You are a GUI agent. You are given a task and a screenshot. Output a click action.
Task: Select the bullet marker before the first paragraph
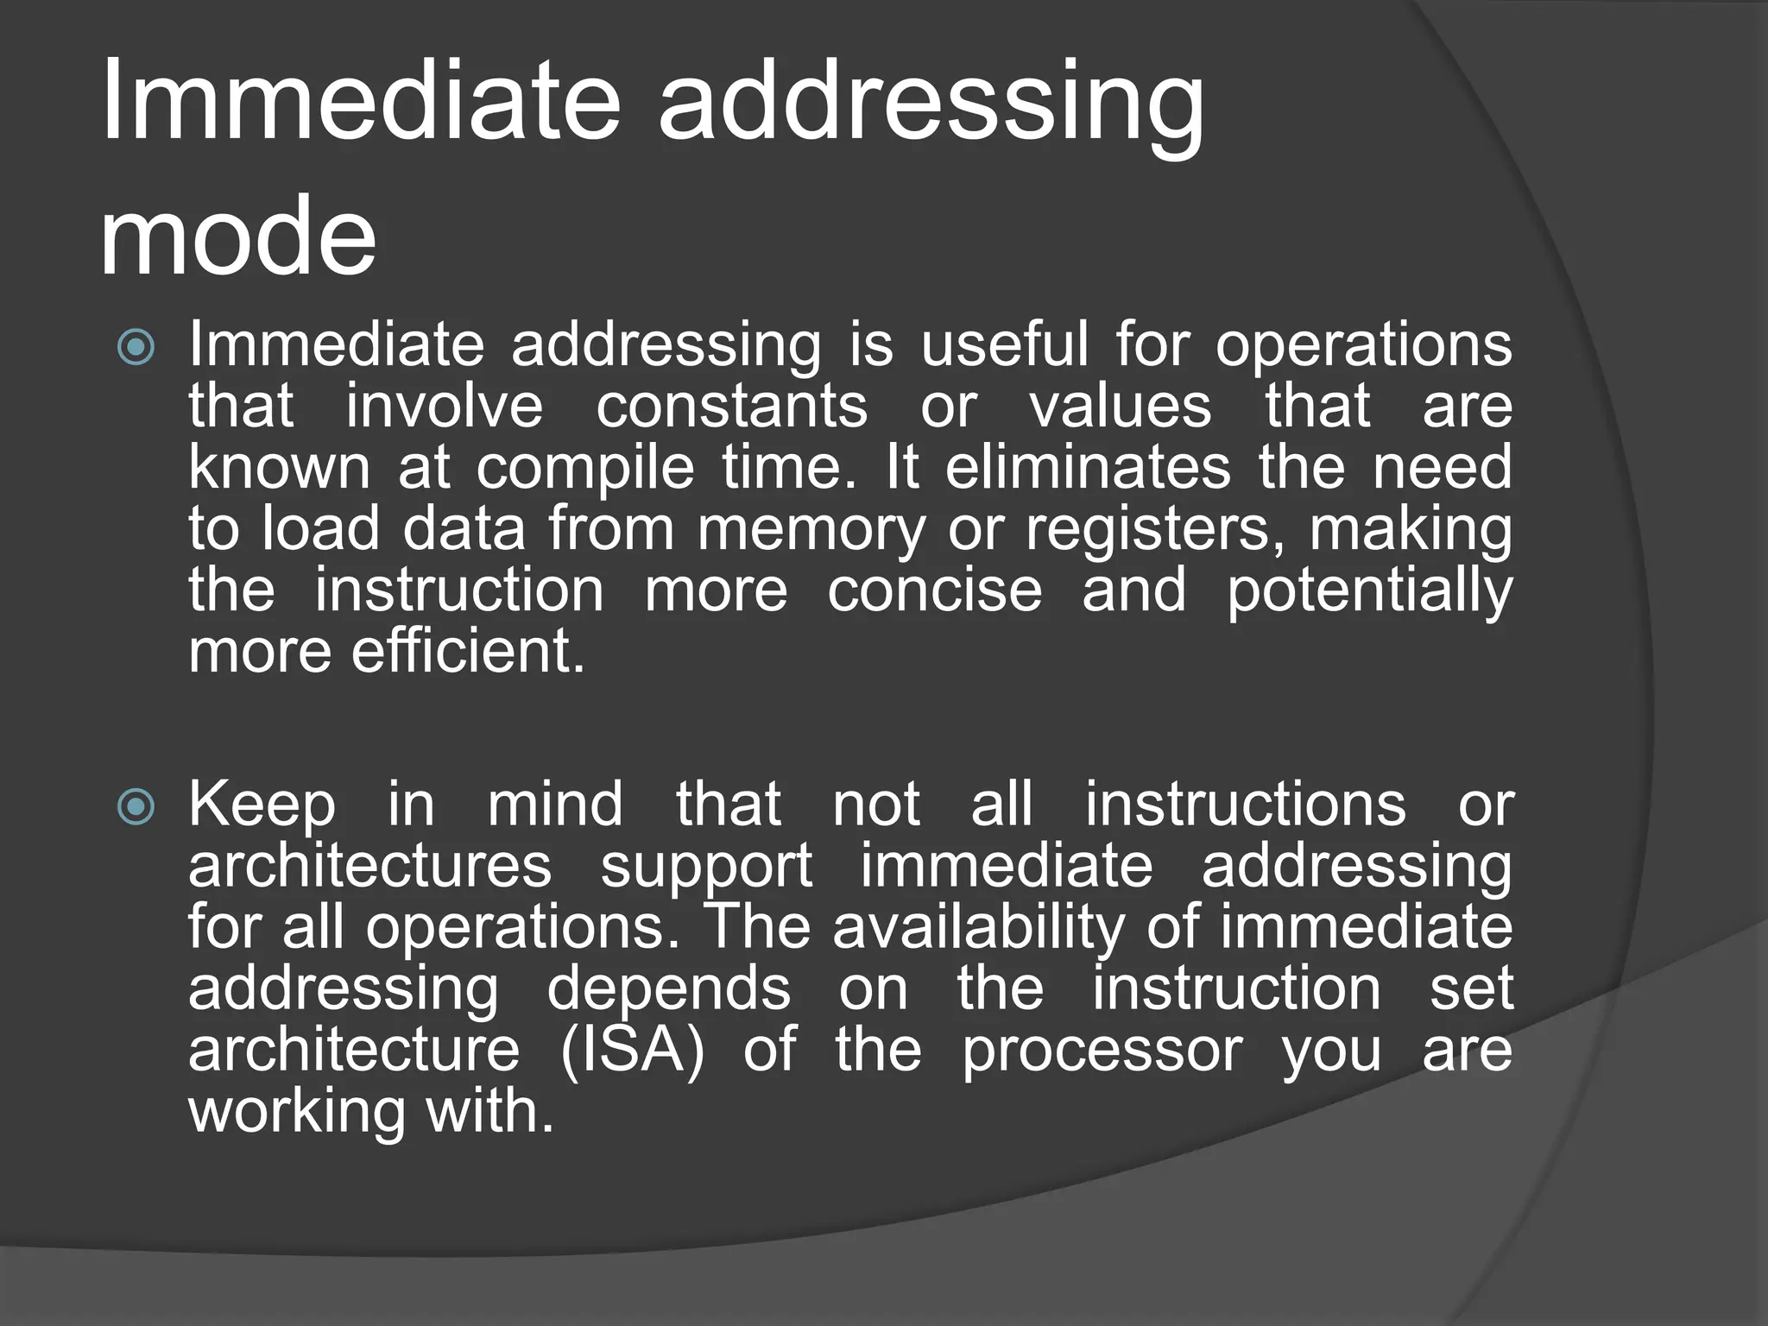[136, 347]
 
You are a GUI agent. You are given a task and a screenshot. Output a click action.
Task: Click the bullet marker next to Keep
[136, 806]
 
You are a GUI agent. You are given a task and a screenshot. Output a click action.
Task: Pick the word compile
[585, 469]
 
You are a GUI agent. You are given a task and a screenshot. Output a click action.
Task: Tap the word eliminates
[1088, 467]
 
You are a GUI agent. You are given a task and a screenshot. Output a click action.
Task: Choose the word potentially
[1369, 592]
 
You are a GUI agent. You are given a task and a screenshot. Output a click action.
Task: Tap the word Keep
[262, 805]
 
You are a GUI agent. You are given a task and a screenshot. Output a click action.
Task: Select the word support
[706, 867]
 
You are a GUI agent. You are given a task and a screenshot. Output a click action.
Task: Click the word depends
[668, 989]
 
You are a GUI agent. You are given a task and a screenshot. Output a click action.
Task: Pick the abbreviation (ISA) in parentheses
[633, 1051]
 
